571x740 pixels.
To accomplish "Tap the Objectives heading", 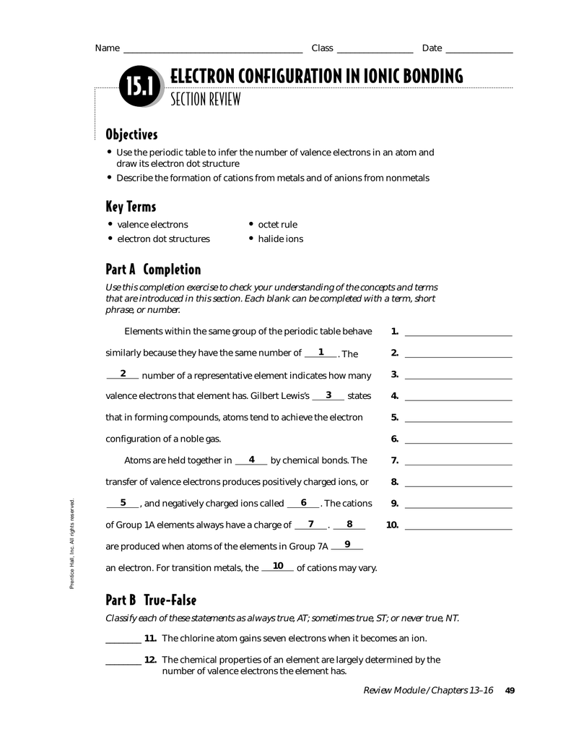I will point(131,135).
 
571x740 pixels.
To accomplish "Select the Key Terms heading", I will point(131,207).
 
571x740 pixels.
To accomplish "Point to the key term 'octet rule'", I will point(277,225).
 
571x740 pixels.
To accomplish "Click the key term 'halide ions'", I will point(280,239).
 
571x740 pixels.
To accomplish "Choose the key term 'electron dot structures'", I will point(163,239).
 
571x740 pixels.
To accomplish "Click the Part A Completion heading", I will point(153,270).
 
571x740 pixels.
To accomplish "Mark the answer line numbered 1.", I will point(458,335).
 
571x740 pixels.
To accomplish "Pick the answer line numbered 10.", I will point(458,528).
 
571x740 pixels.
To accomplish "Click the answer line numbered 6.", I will point(458,442).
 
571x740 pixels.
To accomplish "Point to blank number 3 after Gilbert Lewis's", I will point(328,396).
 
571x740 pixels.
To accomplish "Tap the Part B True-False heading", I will point(151,601).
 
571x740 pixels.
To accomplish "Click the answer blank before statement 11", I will point(123,641).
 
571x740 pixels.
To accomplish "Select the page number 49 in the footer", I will point(510,691).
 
